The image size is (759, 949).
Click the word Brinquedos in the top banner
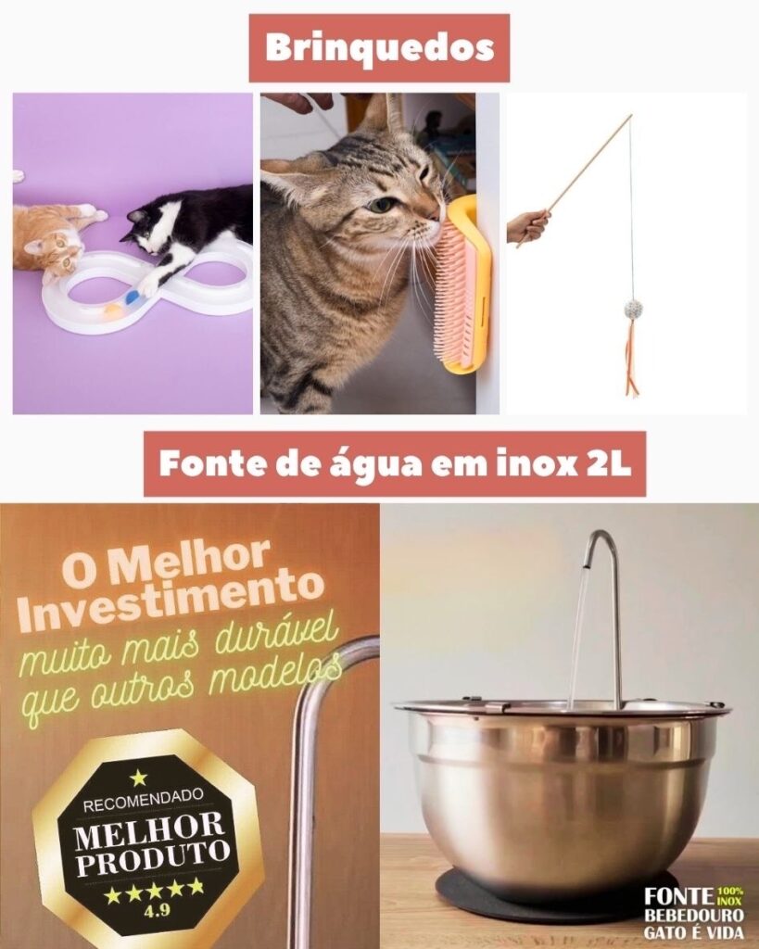click(380, 48)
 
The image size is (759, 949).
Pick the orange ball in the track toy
click(113, 311)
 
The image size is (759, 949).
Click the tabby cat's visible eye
click(382, 205)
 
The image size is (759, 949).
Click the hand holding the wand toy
click(527, 225)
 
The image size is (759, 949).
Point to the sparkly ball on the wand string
click(632, 309)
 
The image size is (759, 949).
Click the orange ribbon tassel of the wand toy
click(632, 357)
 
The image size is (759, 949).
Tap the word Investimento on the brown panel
click(170, 598)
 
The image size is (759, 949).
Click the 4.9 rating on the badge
click(157, 910)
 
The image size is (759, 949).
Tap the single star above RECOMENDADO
click(139, 778)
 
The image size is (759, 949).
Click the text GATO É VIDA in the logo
click(693, 932)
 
